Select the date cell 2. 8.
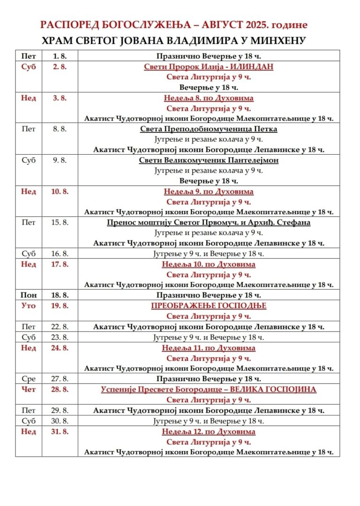coord(60,67)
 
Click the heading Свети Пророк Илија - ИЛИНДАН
coord(209,67)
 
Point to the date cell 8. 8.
coord(60,129)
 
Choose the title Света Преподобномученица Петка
coord(209,129)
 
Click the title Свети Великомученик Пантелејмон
coord(209,160)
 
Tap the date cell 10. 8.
coord(60,191)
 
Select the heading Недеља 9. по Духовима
coord(209,191)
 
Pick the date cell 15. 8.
coord(60,222)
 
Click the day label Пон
coord(29,295)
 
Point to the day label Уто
coord(29,306)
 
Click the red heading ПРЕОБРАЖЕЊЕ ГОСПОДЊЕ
coord(209,306)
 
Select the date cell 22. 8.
coord(60,327)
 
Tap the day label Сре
coord(29,378)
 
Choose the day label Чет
coord(29,389)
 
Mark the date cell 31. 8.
coord(60,431)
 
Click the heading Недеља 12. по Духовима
coord(209,431)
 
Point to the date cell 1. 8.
coord(60,56)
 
